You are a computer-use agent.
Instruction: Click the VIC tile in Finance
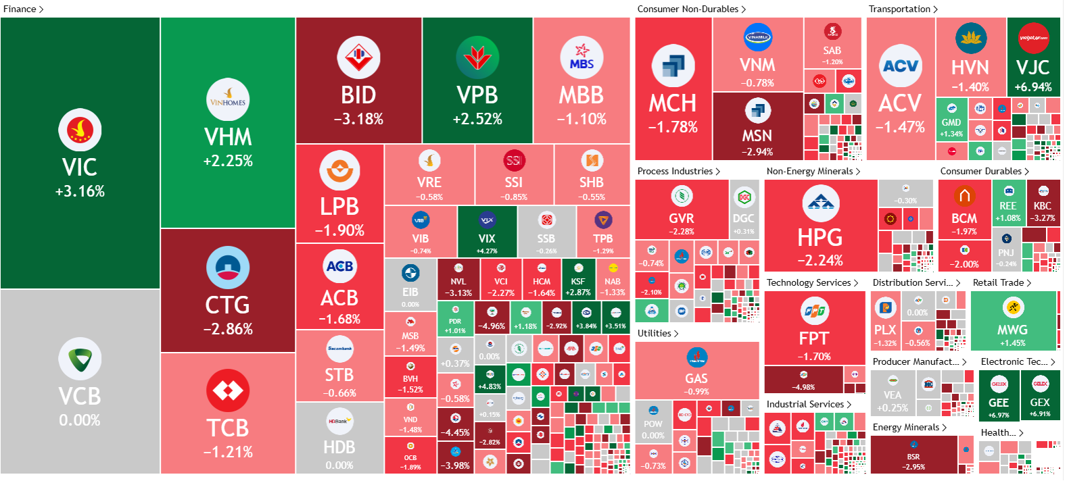tap(80, 153)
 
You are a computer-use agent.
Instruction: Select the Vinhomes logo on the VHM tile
tap(228, 100)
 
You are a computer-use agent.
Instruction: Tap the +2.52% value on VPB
tap(477, 119)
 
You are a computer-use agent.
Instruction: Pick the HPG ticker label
tap(820, 238)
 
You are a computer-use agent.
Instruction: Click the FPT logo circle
tap(814, 311)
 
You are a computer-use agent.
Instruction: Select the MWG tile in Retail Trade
tap(1013, 321)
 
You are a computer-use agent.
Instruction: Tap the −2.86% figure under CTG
tap(228, 329)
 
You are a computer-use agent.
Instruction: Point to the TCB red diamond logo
tap(228, 390)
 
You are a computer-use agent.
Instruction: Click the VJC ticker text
tap(1033, 68)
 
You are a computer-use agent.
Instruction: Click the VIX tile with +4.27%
tap(487, 232)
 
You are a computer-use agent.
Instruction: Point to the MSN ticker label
tap(757, 136)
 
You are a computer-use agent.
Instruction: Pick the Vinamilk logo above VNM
tap(757, 37)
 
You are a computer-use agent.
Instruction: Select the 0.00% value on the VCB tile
tap(80, 420)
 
